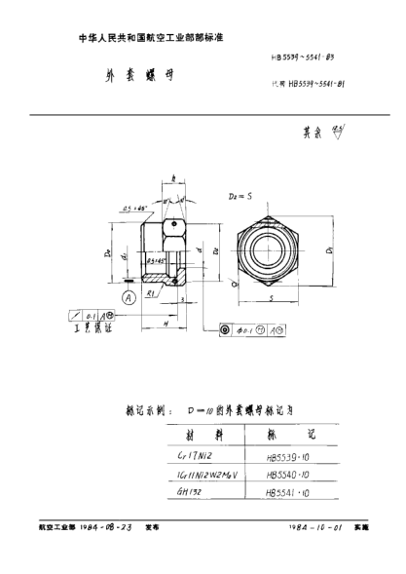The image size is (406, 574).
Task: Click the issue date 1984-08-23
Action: click(x=104, y=526)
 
